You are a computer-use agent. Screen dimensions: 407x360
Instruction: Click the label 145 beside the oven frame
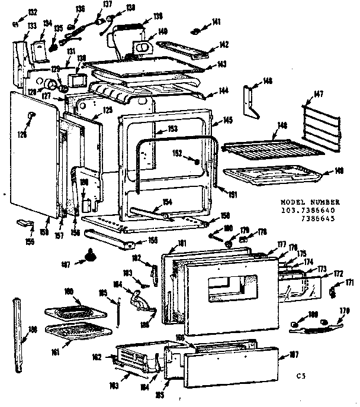227,120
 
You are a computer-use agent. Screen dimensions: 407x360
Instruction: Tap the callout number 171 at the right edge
349,283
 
